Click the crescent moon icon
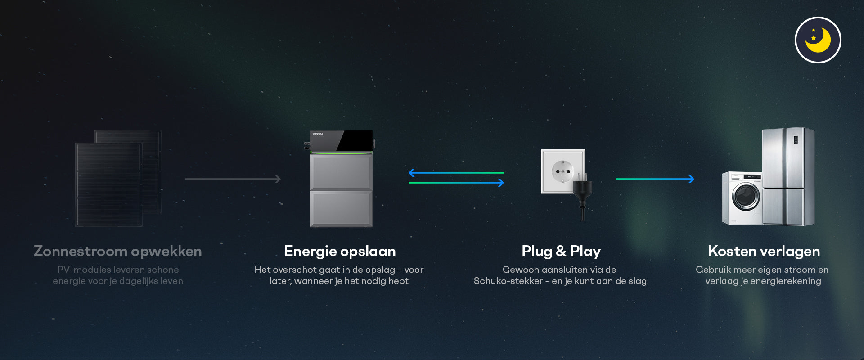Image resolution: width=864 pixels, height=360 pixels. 818,40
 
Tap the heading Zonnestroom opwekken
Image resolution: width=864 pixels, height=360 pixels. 117,251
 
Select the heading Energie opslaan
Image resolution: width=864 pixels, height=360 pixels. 340,251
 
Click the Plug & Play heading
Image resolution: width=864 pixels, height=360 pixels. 561,251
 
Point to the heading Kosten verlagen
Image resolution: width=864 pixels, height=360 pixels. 764,251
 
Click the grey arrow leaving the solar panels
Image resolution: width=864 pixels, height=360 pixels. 233,179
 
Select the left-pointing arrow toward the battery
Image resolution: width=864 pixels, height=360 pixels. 456,172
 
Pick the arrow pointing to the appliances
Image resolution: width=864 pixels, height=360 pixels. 655,179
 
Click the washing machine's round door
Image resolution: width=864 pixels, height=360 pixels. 746,196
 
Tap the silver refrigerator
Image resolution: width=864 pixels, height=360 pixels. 788,175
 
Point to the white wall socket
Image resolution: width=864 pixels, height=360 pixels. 560,171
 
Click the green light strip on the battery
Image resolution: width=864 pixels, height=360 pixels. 341,153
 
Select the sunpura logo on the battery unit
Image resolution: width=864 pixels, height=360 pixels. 318,134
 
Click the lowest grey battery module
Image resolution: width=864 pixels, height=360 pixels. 341,209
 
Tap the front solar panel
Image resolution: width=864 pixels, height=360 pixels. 108,184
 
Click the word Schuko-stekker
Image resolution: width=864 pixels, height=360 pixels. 508,281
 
